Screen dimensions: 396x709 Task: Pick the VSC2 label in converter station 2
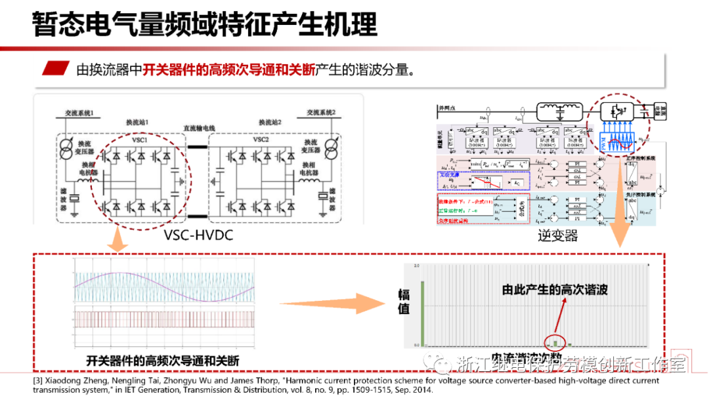tap(261, 139)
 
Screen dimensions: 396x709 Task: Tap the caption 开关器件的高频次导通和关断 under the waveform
tap(163, 361)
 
